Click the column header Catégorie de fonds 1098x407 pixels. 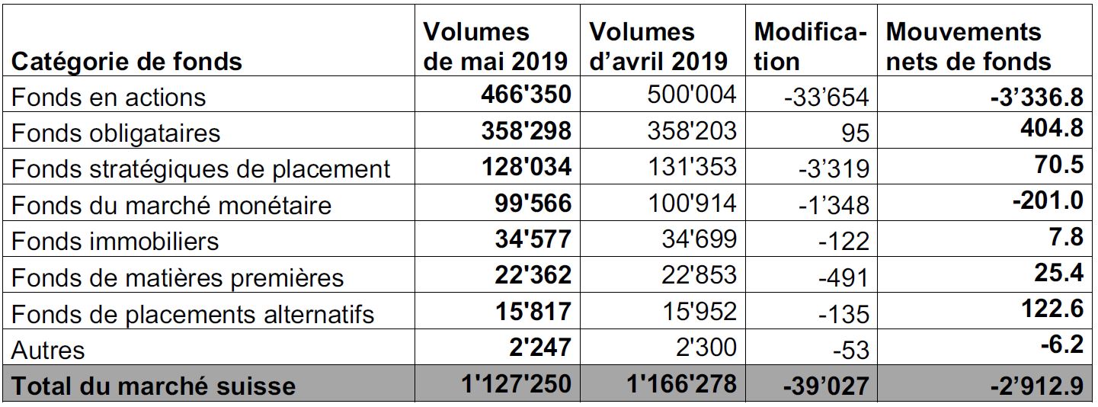click(126, 62)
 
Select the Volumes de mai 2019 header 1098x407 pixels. click(495, 47)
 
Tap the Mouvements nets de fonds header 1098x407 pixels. click(968, 47)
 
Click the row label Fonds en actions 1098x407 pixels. click(108, 97)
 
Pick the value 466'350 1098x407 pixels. click(526, 95)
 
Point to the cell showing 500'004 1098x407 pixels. click(692, 95)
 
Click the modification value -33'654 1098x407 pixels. click(827, 97)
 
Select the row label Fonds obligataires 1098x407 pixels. click(116, 133)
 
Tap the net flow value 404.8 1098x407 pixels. click(1052, 129)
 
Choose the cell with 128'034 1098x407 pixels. click(527, 167)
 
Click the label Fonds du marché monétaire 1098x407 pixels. click(171, 206)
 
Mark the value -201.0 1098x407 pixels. click(1048, 200)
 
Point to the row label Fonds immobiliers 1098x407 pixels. click(115, 242)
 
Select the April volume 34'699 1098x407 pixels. click(699, 239)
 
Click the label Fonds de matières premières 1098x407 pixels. click(178, 278)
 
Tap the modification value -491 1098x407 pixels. click(844, 278)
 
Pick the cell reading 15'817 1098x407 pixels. click(533, 312)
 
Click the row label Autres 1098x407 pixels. click(47, 351)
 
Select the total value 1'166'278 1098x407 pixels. click(682, 384)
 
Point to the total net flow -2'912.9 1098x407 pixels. click(1037, 386)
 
